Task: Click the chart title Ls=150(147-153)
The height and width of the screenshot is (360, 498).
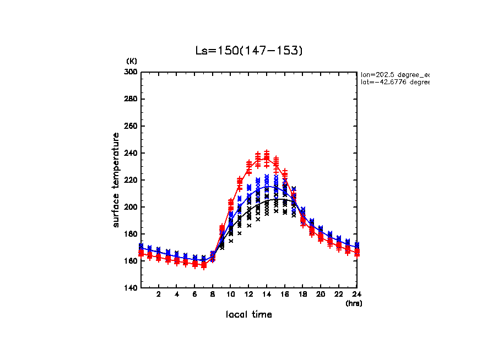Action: pos(249,51)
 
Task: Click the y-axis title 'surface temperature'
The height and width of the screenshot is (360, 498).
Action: pos(116,179)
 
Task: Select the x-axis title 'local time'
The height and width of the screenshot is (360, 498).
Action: pos(248,314)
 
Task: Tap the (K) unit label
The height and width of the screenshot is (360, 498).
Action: pos(132,61)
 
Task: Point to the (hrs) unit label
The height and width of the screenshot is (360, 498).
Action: pos(354,303)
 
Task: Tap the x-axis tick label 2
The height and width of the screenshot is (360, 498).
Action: pos(159,294)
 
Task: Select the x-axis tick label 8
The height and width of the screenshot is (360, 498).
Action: pos(213,294)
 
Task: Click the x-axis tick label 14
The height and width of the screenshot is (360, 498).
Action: pos(267,294)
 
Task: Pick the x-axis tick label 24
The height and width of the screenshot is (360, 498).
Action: pos(356,294)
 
